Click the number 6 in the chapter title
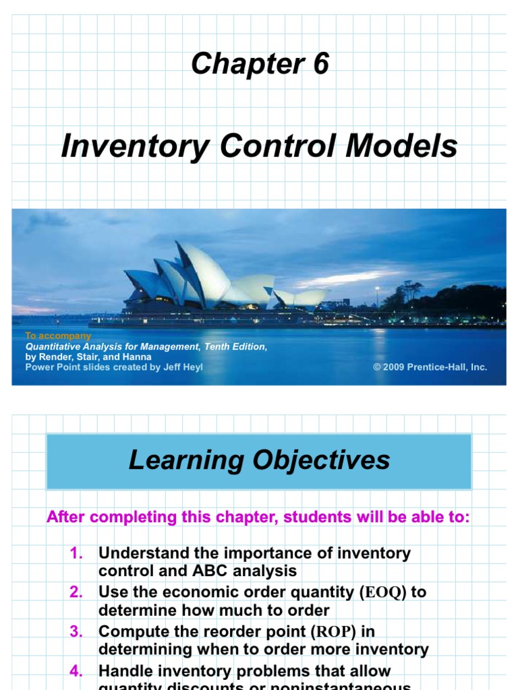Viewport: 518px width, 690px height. (319, 64)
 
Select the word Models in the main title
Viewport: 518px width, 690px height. (403, 146)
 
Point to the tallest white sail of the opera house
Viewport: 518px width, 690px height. (202, 273)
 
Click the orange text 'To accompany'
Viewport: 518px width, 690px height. (57, 336)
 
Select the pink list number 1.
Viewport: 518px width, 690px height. (76, 553)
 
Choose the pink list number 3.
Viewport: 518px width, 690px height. (76, 631)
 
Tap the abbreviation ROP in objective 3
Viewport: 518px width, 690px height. (336, 632)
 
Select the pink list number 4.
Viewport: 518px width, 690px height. (76, 670)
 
